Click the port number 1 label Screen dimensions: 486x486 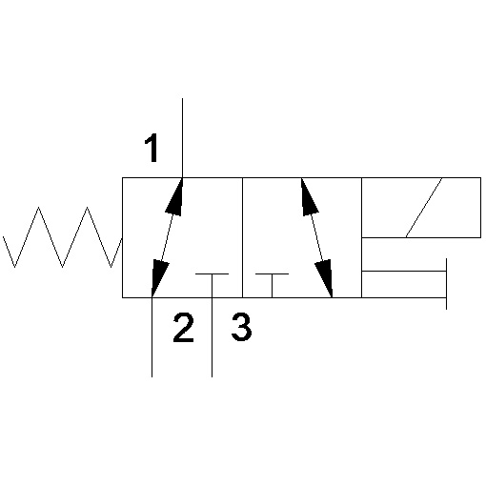tap(152, 148)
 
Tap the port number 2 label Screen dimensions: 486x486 tap(183, 328)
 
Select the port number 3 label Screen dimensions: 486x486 tap(241, 327)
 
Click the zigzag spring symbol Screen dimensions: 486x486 tap(62, 237)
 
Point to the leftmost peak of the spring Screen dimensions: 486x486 tap(38, 207)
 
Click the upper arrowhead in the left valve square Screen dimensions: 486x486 tap(174, 197)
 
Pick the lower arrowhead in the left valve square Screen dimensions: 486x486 tap(160, 278)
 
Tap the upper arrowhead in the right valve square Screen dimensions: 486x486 tap(310, 197)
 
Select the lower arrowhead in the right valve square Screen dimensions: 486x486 tap(324, 278)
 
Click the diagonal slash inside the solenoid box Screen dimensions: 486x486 tap(424, 208)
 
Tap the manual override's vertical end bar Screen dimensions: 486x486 tap(446, 284)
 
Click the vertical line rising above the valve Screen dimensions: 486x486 tap(182, 138)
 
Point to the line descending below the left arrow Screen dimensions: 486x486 tap(152, 337)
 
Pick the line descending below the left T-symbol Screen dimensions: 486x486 tap(212, 337)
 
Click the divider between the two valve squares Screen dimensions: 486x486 tap(242, 237)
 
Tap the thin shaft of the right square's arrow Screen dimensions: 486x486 tap(316, 237)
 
